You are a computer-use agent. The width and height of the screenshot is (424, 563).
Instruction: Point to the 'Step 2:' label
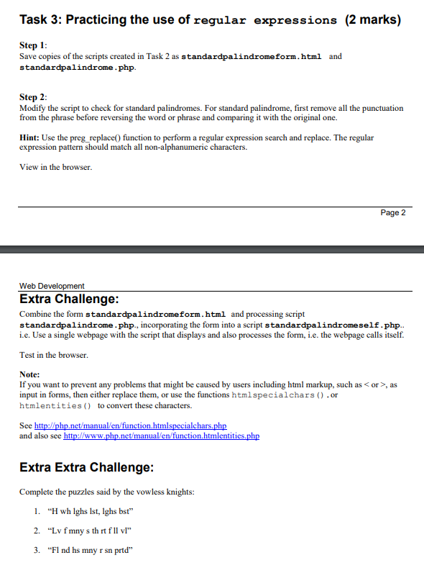(33, 96)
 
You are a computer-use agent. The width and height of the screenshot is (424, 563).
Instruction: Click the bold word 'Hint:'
(32, 137)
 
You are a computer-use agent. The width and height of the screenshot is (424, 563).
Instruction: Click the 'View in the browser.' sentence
(56, 168)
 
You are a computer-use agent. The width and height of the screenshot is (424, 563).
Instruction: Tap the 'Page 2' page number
(392, 212)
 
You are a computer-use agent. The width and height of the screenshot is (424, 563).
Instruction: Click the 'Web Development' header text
(52, 286)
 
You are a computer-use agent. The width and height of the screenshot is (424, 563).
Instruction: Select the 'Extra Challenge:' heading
(69, 299)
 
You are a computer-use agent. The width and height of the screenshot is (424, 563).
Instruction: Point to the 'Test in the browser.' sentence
(54, 355)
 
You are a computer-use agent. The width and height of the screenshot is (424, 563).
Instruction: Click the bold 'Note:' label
(29, 374)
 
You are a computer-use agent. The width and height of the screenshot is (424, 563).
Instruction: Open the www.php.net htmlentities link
(161, 436)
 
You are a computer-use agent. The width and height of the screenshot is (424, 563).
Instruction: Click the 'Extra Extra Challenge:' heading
(86, 467)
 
